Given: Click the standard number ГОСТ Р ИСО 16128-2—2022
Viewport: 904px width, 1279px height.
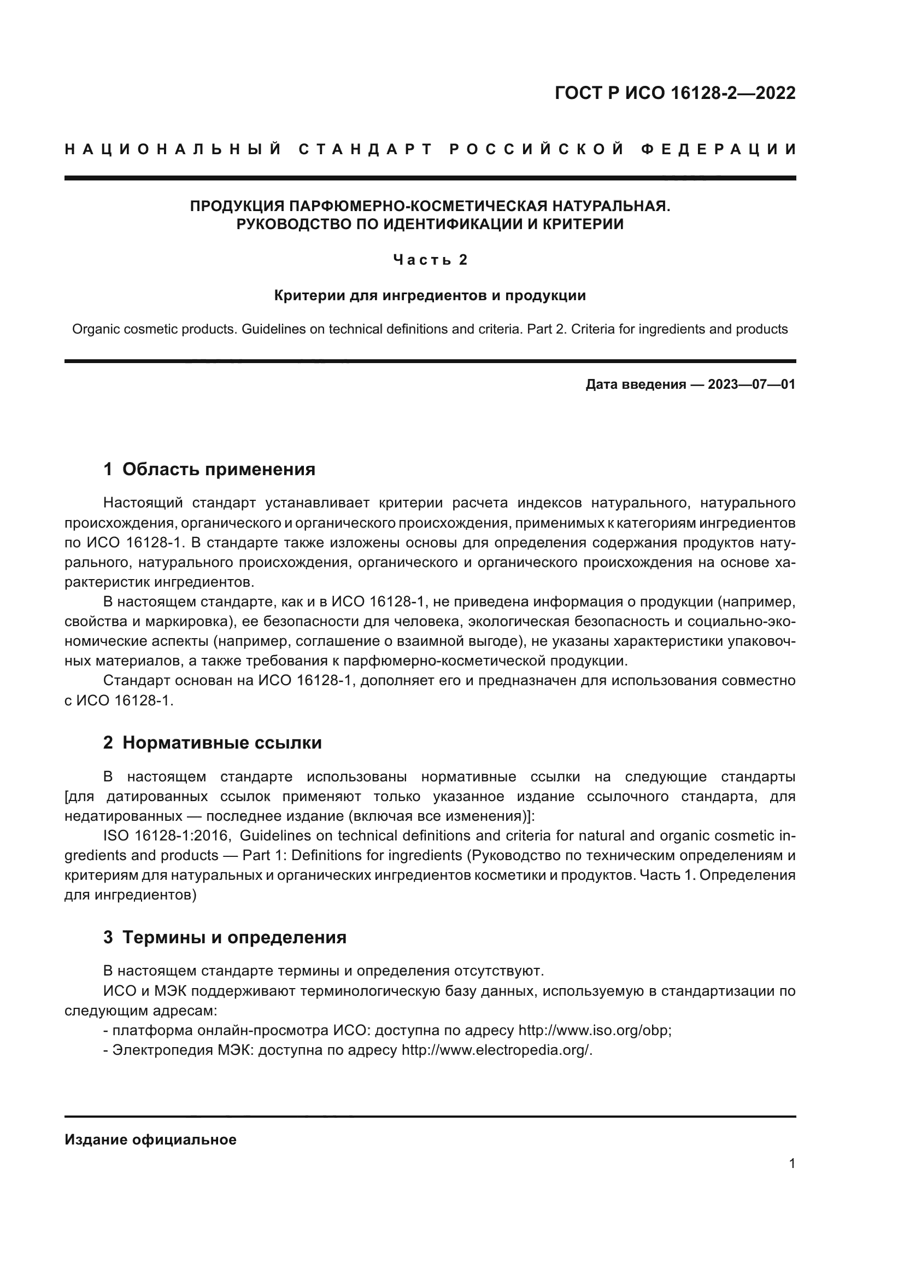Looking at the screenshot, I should [674, 93].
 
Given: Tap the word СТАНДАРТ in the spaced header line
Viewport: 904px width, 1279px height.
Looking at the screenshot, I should [366, 149].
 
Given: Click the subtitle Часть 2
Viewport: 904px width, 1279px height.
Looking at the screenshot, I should [430, 260].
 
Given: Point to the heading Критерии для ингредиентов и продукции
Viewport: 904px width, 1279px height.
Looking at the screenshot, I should [430, 295].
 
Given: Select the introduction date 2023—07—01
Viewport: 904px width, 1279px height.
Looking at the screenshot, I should [751, 384].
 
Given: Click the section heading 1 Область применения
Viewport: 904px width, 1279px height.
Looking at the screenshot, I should [209, 469].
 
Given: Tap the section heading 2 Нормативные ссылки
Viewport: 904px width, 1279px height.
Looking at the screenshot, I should [212, 743].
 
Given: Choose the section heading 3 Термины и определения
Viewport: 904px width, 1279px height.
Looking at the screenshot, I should [225, 937].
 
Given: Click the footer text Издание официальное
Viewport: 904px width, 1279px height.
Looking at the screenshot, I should [150, 1140].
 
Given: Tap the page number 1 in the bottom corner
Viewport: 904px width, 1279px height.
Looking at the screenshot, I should [791, 1163].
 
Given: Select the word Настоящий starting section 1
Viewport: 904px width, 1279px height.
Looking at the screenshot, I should [143, 503].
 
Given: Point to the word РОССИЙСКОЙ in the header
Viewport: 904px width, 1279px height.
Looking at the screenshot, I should [537, 149].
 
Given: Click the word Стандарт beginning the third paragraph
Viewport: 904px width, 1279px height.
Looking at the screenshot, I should [137, 681].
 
